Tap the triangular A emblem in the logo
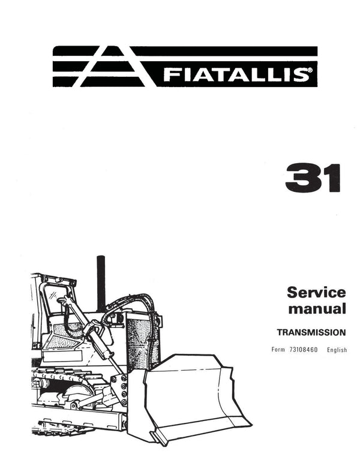click(112, 67)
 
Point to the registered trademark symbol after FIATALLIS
click(310, 71)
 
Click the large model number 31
click(313, 178)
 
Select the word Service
click(316, 293)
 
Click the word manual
click(317, 308)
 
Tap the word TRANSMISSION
click(311, 332)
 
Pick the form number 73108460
click(303, 350)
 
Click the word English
click(337, 350)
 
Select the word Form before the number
click(278, 350)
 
